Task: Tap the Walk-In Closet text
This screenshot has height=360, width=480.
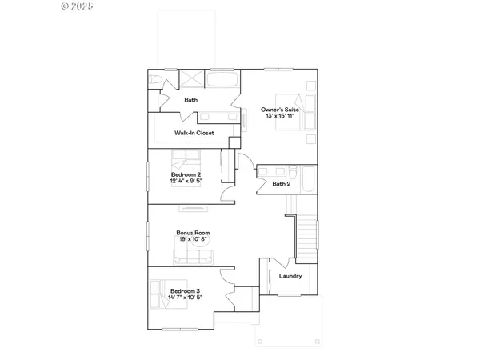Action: coord(194,133)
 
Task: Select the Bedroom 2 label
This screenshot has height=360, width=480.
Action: coord(185,174)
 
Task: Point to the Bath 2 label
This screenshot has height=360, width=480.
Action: coord(280,184)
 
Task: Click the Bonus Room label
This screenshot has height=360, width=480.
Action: coord(193,233)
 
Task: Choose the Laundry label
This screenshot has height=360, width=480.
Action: coord(290,276)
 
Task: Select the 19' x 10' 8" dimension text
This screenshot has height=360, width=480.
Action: coord(193,240)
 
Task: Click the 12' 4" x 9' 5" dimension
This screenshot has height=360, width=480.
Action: coord(185,182)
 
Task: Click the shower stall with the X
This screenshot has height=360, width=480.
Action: coord(192,80)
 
